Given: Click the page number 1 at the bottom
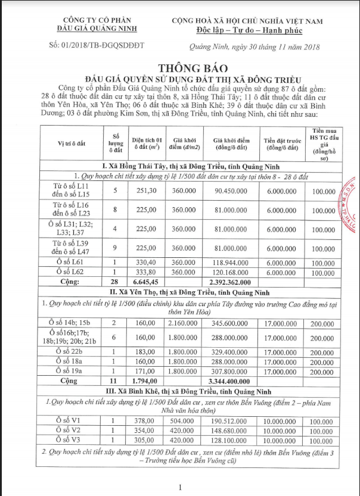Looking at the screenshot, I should point(179,487).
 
